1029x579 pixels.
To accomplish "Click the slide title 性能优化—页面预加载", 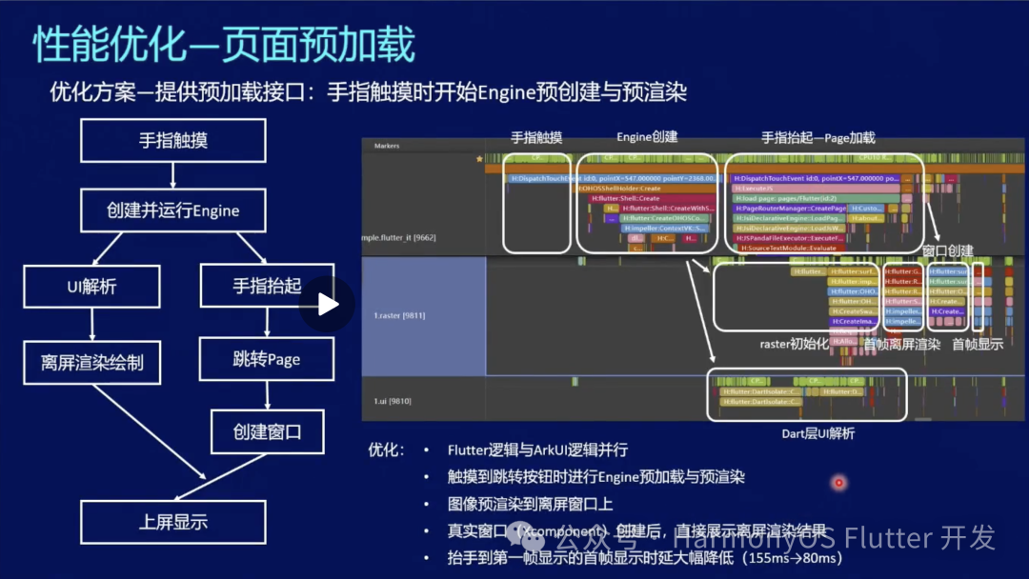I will point(225,45).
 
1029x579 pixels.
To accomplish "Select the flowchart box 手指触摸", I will point(172,141).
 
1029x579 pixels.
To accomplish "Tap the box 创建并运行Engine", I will point(172,210).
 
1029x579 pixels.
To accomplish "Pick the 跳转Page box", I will point(267,359).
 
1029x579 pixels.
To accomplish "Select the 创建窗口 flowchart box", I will point(267,431).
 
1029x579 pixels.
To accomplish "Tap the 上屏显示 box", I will point(172,522).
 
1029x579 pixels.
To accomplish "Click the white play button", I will point(328,304).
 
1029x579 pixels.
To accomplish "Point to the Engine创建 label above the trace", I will point(647,137).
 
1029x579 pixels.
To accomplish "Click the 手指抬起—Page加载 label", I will point(817,137).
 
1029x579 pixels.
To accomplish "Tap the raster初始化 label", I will point(795,344).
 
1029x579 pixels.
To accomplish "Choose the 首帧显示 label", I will point(978,344).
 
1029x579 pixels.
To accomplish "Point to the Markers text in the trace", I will point(387,146).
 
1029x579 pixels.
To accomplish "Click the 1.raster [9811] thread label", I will point(399,314).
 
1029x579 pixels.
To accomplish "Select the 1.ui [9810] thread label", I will point(393,401).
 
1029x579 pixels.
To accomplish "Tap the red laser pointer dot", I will point(839,483).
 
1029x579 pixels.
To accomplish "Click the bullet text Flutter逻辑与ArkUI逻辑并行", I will point(537,450).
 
